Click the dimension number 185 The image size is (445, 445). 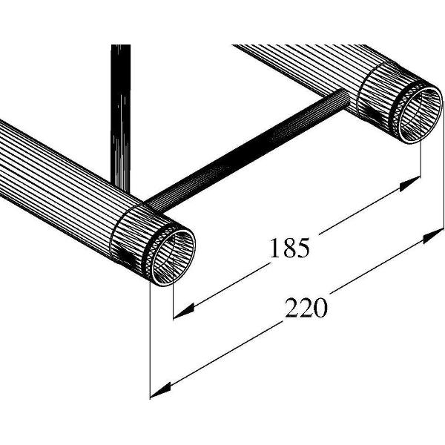[289, 247]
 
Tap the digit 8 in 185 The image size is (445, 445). [289, 247]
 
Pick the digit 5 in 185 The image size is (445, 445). [303, 247]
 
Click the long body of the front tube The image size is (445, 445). [59, 171]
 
